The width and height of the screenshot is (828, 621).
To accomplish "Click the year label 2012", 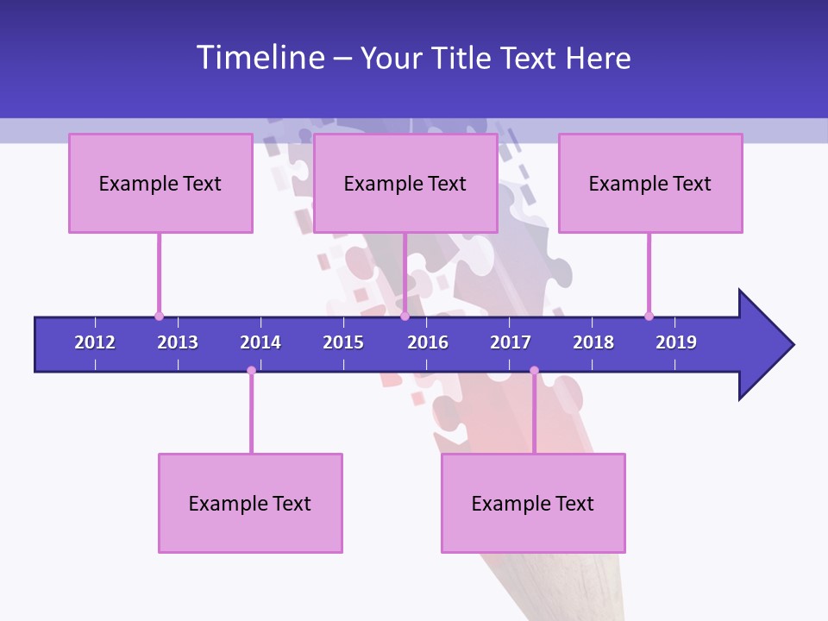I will (x=95, y=342).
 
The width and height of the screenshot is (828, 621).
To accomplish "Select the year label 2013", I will (x=178, y=342).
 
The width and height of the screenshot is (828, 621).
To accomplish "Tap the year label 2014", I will (x=260, y=342).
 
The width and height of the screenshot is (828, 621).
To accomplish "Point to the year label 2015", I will (x=343, y=342).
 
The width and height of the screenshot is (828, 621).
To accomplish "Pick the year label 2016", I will (x=428, y=342).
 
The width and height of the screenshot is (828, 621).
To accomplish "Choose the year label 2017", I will (x=511, y=342).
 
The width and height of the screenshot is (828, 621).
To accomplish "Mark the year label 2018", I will (x=593, y=342).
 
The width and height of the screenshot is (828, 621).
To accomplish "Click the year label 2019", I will (x=676, y=342).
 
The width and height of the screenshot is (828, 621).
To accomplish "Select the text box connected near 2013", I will (x=160, y=183).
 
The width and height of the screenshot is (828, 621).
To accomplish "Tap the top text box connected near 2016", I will (x=405, y=183).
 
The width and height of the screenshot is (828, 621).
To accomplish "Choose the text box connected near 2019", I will (x=650, y=183).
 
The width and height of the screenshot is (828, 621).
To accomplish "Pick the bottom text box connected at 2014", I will (x=250, y=503).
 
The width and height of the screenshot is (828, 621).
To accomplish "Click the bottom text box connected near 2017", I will (x=533, y=503).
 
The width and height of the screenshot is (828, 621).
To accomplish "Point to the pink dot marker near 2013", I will (x=159, y=317).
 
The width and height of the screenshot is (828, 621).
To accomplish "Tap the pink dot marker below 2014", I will (x=251, y=371).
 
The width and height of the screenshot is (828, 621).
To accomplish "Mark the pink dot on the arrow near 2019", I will (x=649, y=317).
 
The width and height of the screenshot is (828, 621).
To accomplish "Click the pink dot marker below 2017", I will (x=534, y=371).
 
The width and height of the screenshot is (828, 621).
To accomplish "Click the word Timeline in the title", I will (x=260, y=58).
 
